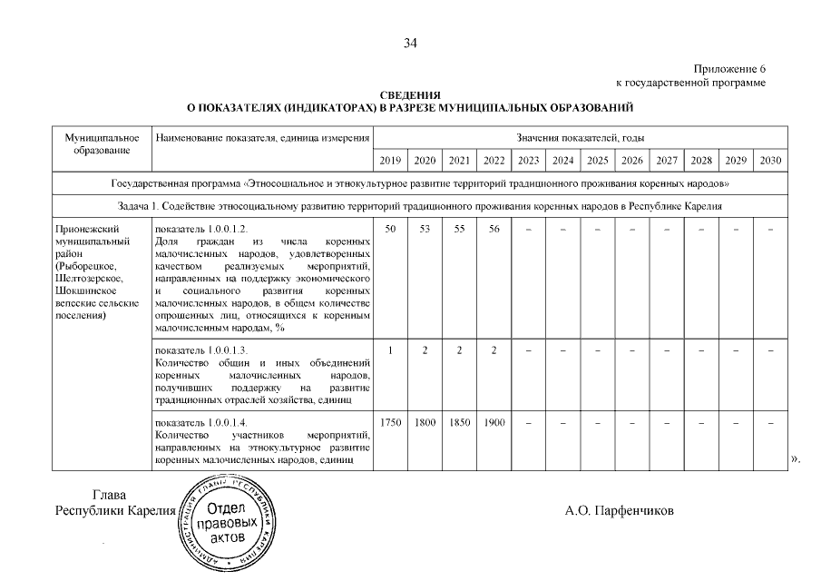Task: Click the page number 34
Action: (410, 43)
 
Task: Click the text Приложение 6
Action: (730, 70)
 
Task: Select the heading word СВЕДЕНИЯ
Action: (410, 95)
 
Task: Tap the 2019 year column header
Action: (390, 161)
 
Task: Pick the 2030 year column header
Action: (770, 161)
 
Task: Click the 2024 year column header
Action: (562, 161)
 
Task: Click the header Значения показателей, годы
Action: (580, 137)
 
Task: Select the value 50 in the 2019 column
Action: (390, 230)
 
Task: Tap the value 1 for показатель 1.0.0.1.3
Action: (390, 350)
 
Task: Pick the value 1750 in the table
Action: (390, 423)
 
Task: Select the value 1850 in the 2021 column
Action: (459, 423)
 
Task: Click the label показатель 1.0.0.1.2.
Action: (201, 230)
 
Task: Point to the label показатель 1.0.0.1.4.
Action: (201, 423)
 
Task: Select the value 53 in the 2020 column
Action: (425, 230)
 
